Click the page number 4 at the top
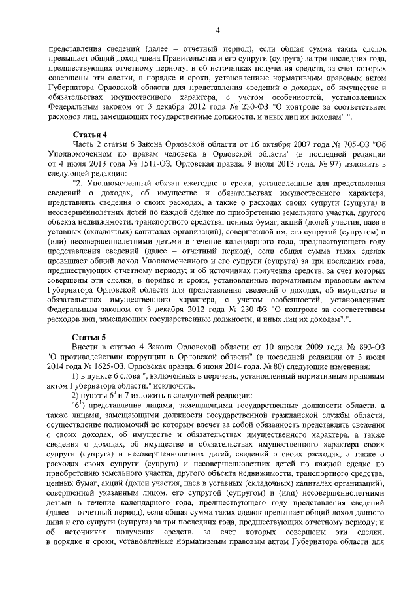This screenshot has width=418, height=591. [x=218, y=29]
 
